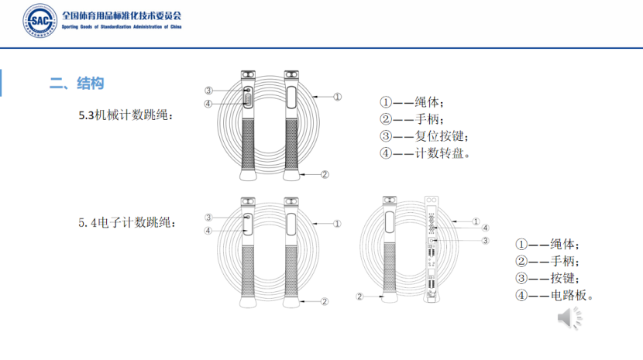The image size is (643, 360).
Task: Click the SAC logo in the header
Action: click(38, 21)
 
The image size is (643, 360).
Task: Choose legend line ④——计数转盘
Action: click(425, 153)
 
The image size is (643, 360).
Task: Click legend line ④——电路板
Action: click(559, 295)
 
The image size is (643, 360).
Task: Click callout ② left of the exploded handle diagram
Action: click(359, 297)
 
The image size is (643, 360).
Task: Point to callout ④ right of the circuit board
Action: click(485, 228)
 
